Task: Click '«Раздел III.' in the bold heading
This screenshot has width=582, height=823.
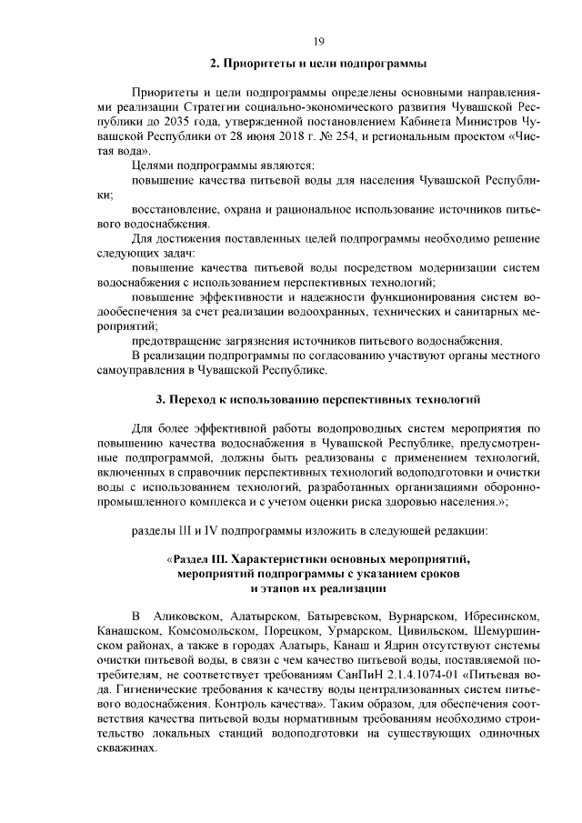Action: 198,559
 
